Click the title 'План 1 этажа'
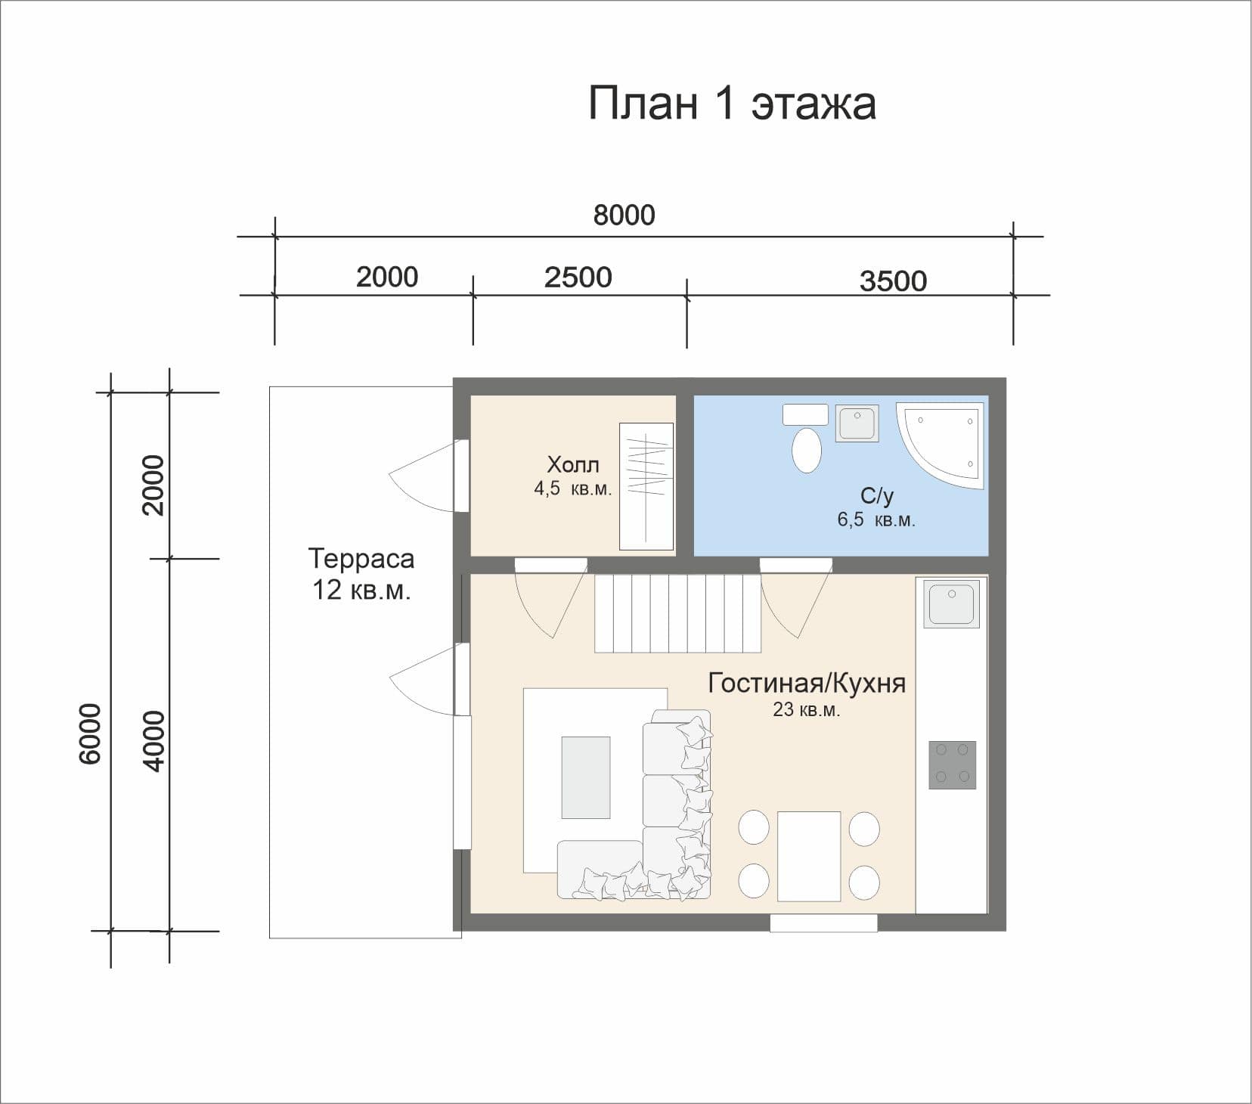[x=732, y=104]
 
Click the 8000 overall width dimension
[x=624, y=216]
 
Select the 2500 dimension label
[x=578, y=278]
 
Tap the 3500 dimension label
[x=893, y=281]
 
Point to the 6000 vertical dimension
[x=90, y=733]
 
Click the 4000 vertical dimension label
[x=153, y=741]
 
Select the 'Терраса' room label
[x=361, y=559]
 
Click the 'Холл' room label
[x=572, y=464]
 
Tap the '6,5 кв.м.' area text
[x=875, y=520]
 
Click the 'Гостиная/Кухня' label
[x=806, y=683]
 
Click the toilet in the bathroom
[x=806, y=449]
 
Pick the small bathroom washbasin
[x=857, y=423]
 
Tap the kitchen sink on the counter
[x=951, y=603]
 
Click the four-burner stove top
[x=952, y=764]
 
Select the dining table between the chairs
[x=808, y=856]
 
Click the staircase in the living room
[x=677, y=613]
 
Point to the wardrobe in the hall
[x=646, y=486]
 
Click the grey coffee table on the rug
[x=585, y=777]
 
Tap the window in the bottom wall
[x=823, y=923]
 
